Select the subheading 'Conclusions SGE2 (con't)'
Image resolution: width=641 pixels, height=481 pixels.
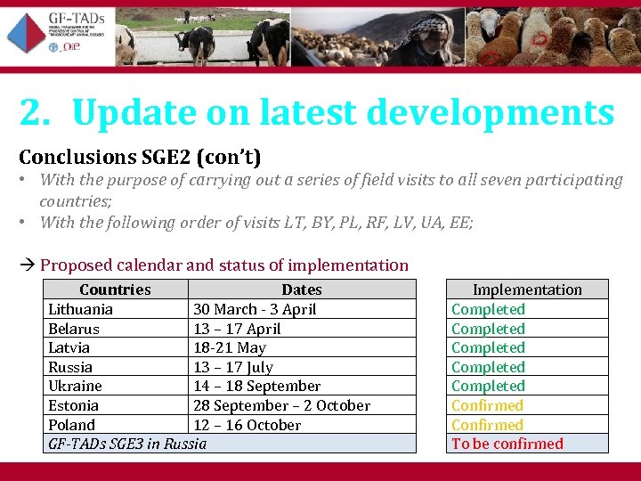[140, 158]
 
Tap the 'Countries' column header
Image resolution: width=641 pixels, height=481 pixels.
[115, 289]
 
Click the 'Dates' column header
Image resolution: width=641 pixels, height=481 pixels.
[301, 289]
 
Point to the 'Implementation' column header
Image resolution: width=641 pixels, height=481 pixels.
[526, 289]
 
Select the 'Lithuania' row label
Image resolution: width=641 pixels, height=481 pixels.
[80, 309]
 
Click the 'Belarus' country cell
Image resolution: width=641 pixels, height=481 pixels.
[74, 329]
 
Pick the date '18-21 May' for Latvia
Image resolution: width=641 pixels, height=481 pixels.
[230, 347]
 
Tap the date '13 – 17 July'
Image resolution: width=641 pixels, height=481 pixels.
[233, 367]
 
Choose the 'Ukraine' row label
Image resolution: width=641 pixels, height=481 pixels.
[75, 386]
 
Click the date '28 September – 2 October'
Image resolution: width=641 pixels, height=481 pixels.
[281, 405]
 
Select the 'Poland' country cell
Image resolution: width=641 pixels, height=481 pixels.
[71, 425]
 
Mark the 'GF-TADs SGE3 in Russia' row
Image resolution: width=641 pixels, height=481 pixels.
[127, 444]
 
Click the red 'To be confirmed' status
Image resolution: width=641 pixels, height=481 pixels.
[507, 444]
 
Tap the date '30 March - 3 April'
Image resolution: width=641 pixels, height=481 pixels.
[255, 309]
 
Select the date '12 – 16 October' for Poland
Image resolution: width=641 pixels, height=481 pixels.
[247, 425]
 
